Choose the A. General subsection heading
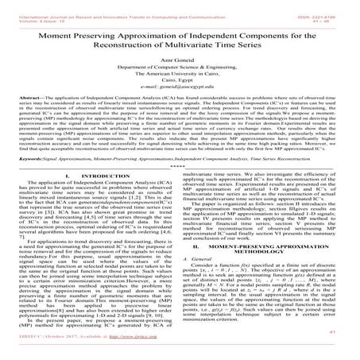pyautogui.click(x=200, y=285)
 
